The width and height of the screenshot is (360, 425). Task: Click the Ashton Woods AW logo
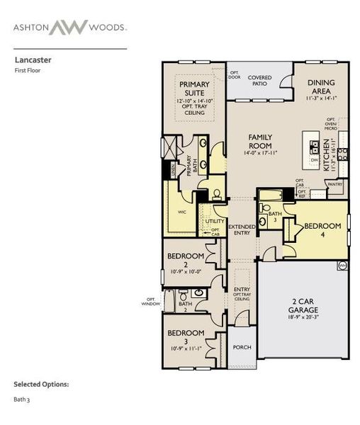[x=69, y=27]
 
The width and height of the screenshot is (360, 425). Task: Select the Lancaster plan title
[x=30, y=61]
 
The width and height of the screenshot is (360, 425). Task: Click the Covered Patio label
[x=260, y=80]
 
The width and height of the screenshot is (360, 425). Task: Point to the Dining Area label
[x=321, y=86]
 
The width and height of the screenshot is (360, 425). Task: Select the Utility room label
[x=215, y=221]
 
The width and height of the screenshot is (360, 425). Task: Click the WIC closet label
[x=181, y=212]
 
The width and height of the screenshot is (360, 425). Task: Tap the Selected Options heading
[x=41, y=384]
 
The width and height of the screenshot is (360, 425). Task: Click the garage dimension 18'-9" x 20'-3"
[x=303, y=320]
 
